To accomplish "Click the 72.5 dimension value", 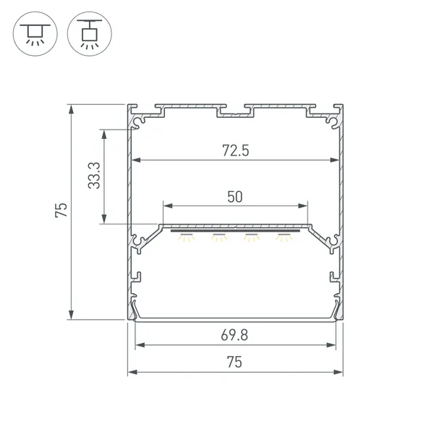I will [235, 150].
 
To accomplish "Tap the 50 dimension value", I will [235, 196].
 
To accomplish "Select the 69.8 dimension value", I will [235, 336].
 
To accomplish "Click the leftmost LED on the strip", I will [187, 237].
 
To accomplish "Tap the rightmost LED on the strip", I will [283, 237].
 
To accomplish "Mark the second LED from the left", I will [219, 237].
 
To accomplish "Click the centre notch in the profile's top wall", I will [235, 113].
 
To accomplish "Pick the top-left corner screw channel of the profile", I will [135, 119].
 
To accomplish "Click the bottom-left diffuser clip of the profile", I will [135, 310].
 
